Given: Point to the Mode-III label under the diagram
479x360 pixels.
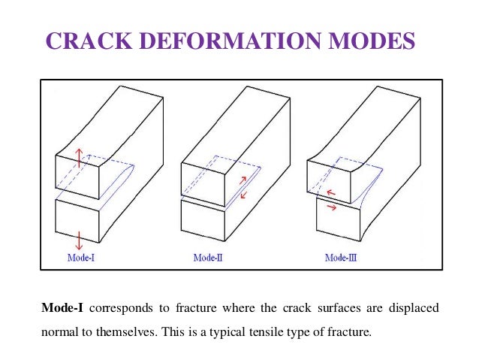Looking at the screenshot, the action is click(340, 257).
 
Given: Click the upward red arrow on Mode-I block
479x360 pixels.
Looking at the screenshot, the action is click(79, 159).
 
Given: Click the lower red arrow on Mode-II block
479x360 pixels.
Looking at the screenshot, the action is click(243, 195).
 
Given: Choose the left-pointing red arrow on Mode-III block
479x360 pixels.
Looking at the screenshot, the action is click(330, 192).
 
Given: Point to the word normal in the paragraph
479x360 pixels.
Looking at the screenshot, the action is click(59, 329).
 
